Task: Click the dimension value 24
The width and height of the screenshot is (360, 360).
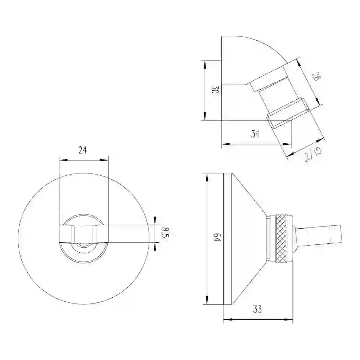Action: click(x=83, y=150)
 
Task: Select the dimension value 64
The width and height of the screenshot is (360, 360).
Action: click(x=217, y=237)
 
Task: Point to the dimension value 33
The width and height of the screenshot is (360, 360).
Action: click(x=258, y=309)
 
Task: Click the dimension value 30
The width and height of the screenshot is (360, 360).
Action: click(x=215, y=90)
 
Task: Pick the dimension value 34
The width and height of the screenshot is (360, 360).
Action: click(x=255, y=134)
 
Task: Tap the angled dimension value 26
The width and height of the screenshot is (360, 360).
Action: click(x=316, y=76)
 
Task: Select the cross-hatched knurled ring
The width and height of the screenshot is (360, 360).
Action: click(x=282, y=238)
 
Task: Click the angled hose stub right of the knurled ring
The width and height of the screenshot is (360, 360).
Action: click(x=318, y=235)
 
